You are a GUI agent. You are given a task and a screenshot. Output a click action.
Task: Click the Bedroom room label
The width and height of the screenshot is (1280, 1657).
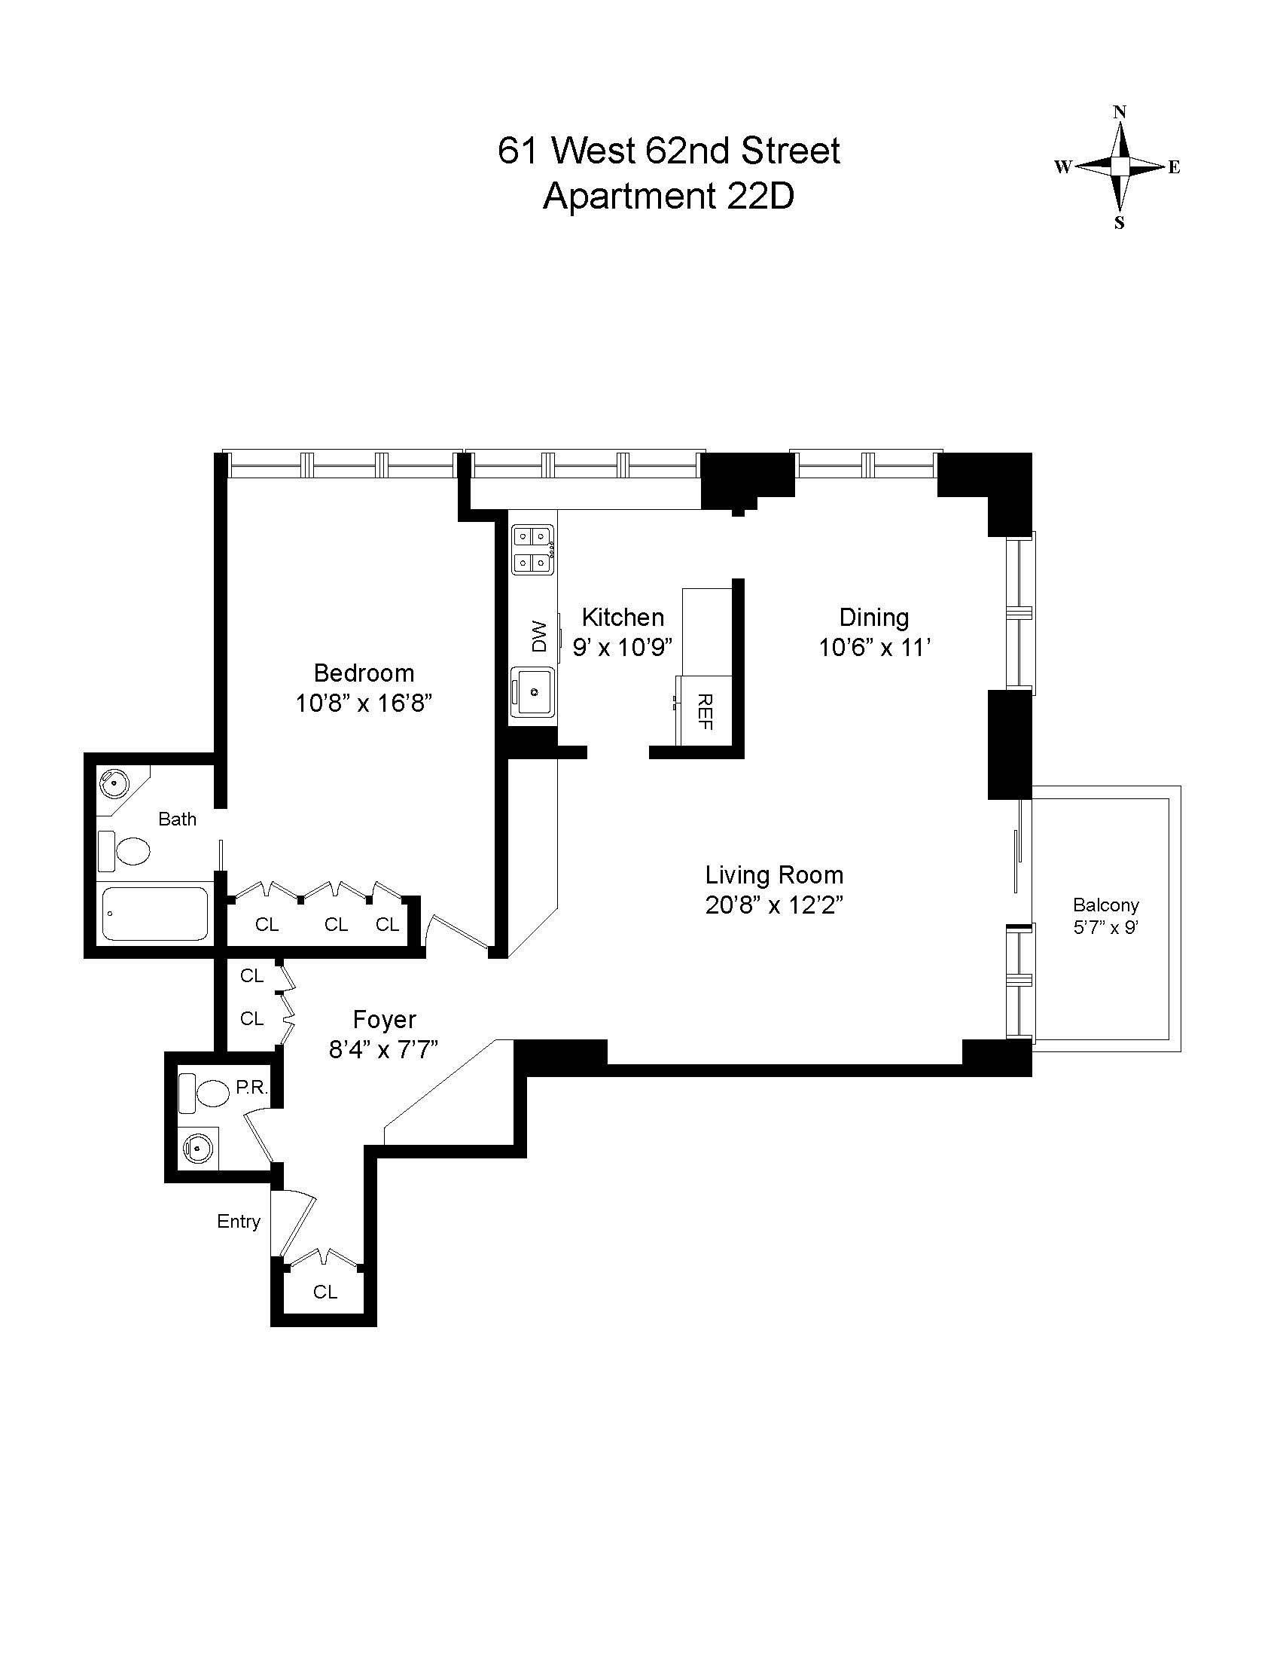coord(364,673)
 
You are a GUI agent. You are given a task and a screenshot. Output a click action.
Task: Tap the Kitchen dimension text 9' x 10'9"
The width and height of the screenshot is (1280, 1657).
coord(623,647)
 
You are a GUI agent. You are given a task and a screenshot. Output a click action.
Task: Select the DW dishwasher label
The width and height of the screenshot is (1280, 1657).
coord(539,636)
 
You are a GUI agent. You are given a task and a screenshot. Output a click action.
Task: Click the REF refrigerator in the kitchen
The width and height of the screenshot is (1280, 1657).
coord(706,711)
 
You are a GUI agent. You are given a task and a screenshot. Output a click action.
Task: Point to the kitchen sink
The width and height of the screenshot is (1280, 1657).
coord(533,691)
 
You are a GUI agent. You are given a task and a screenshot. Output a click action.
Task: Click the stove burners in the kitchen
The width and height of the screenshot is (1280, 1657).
coord(533,548)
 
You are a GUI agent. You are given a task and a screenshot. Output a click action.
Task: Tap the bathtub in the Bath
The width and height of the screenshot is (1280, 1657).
coord(155,914)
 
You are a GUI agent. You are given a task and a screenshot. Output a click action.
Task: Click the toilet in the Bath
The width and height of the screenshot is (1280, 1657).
coord(125,850)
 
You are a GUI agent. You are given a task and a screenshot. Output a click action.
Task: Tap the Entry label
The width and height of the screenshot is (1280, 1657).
coord(239,1222)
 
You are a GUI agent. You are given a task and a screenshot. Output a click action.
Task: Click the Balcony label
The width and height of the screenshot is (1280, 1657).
coord(1105,905)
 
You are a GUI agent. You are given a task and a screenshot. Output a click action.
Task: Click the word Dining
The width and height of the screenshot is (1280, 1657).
coord(873,618)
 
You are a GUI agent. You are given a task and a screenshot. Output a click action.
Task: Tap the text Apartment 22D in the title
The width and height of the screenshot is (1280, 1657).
coord(669,197)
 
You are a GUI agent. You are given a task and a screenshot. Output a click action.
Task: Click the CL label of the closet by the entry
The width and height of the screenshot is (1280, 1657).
coord(325,1291)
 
